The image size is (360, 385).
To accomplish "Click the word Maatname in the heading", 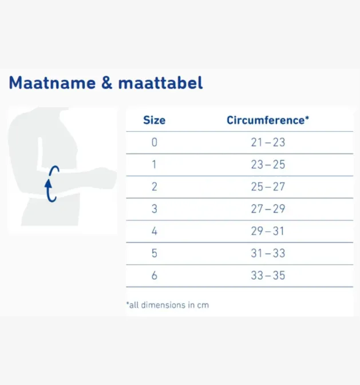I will click(x=52, y=83).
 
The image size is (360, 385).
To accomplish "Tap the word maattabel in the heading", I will click(x=160, y=83).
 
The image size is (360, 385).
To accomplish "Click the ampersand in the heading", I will click(x=107, y=83).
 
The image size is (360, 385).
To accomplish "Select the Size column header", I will click(x=154, y=120).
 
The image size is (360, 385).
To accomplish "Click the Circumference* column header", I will click(x=268, y=120).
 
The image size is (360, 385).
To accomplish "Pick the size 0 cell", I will click(x=154, y=143).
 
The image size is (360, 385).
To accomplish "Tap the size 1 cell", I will click(x=154, y=165).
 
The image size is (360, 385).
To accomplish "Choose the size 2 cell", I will click(x=154, y=187).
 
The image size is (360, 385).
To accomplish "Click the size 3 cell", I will click(x=154, y=209).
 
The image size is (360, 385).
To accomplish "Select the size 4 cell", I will click(x=154, y=231).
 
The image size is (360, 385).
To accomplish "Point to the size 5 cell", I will click(x=154, y=254).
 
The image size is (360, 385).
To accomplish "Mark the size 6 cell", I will click(x=154, y=276).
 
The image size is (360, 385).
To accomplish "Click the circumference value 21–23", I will click(x=268, y=143).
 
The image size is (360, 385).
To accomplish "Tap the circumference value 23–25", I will click(x=268, y=165).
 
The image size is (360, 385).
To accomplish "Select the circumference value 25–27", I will click(x=268, y=187).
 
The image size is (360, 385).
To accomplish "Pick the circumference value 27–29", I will click(x=268, y=209).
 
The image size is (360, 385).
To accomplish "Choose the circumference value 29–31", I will click(x=268, y=231).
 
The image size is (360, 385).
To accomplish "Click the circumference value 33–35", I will click(x=268, y=276).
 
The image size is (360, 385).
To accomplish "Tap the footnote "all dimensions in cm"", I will click(x=167, y=305).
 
